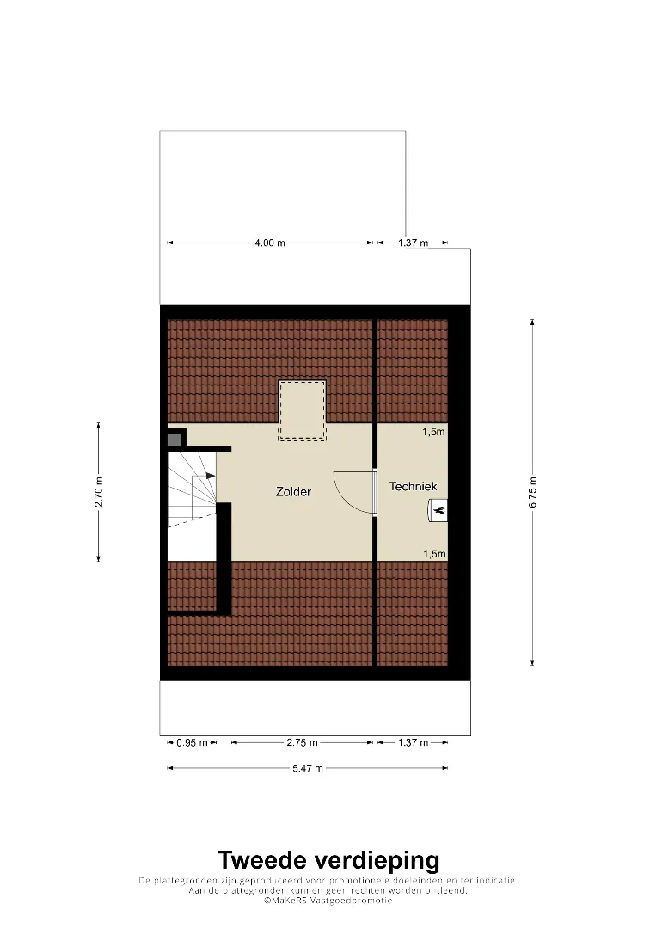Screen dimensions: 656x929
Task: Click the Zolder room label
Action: pos(293,492)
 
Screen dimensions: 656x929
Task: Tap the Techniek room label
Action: pos(414,486)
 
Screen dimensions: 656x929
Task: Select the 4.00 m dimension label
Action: pos(270,243)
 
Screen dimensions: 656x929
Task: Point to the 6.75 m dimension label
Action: pos(533,492)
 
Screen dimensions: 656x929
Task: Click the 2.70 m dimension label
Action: pos(99,492)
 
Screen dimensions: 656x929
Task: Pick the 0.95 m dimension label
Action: pos(193,743)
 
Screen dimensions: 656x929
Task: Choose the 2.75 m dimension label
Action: pos(302,743)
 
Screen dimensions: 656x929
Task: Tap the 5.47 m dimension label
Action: pos(308,768)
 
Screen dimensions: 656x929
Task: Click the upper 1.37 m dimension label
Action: pos(413,243)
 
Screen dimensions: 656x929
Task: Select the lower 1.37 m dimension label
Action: pos(413,743)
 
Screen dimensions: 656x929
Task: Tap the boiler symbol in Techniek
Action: pos(438,509)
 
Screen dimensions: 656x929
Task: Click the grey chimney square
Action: pos(175,440)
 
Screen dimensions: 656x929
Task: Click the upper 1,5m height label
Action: pos(433,432)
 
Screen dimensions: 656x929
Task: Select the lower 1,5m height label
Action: pos(434,554)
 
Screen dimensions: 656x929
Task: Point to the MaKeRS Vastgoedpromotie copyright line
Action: pos(328,901)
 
